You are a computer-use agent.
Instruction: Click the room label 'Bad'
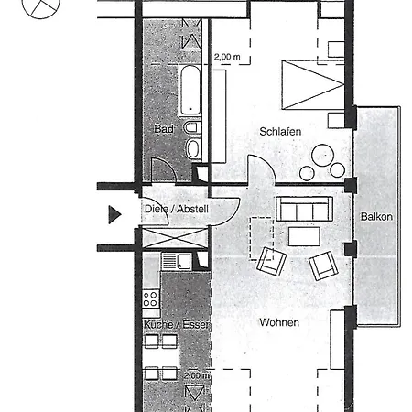click(163, 130)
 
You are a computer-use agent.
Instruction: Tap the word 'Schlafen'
click(280, 132)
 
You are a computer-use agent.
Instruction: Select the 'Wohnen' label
click(278, 322)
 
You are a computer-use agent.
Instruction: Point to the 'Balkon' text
click(376, 217)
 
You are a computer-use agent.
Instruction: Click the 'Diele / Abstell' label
click(177, 210)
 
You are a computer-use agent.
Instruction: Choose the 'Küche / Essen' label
click(177, 325)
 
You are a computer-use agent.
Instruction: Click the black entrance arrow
click(114, 215)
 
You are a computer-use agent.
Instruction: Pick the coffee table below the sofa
click(304, 236)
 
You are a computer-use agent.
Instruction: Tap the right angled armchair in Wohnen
click(324, 266)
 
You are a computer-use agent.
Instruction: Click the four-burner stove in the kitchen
click(151, 298)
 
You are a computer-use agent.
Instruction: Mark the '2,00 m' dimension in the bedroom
click(227, 57)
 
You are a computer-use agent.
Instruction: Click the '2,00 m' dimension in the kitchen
click(196, 375)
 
